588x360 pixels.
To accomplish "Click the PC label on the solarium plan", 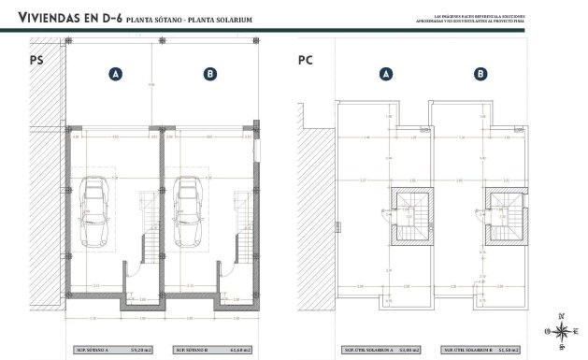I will [305, 63].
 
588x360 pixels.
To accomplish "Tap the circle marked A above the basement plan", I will [114, 74].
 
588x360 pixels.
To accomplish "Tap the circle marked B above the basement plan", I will [209, 74].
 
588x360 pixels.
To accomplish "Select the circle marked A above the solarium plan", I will [386, 74].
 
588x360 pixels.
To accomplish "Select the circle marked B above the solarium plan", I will [480, 74].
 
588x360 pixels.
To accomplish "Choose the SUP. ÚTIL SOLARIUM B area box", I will [481, 350].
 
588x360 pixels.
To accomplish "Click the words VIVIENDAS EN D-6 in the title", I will [62, 18].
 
